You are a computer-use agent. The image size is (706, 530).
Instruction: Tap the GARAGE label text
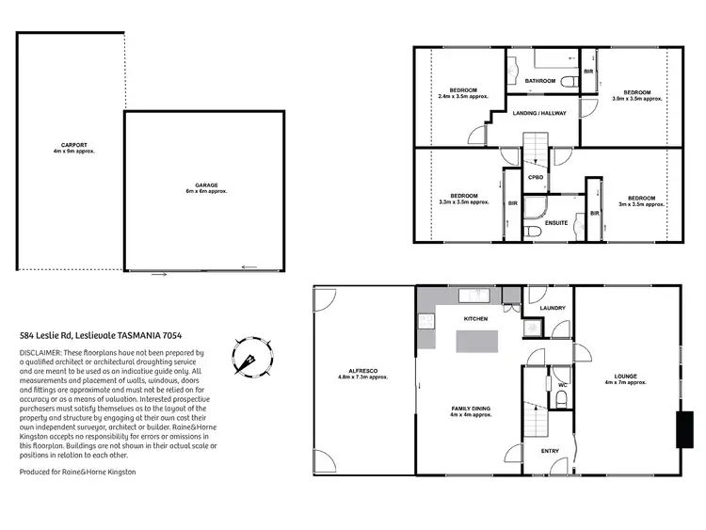pyautogui.click(x=206, y=185)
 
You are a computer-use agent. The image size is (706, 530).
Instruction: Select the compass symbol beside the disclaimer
pyautogui.click(x=252, y=358)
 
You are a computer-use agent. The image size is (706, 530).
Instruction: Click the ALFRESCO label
pyautogui.click(x=362, y=372)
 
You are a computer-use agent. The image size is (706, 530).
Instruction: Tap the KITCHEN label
pyautogui.click(x=476, y=320)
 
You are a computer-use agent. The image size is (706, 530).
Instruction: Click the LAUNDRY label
pyautogui.click(x=552, y=308)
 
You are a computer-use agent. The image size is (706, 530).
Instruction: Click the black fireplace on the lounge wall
pyautogui.click(x=680, y=428)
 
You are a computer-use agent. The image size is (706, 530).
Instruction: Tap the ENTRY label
pyautogui.click(x=550, y=451)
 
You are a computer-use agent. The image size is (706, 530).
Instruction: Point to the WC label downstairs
pyautogui.click(x=562, y=384)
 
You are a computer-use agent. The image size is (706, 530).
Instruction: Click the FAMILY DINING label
pyautogui.click(x=471, y=409)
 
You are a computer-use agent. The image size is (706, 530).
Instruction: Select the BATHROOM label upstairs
pyautogui.click(x=540, y=81)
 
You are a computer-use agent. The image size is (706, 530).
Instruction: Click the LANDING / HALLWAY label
pyautogui.click(x=538, y=112)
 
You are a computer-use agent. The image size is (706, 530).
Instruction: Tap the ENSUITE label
pyautogui.click(x=556, y=223)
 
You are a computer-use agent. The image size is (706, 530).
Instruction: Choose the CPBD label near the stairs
pyautogui.click(x=535, y=176)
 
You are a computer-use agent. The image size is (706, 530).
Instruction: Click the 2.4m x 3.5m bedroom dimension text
pyautogui.click(x=458, y=96)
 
